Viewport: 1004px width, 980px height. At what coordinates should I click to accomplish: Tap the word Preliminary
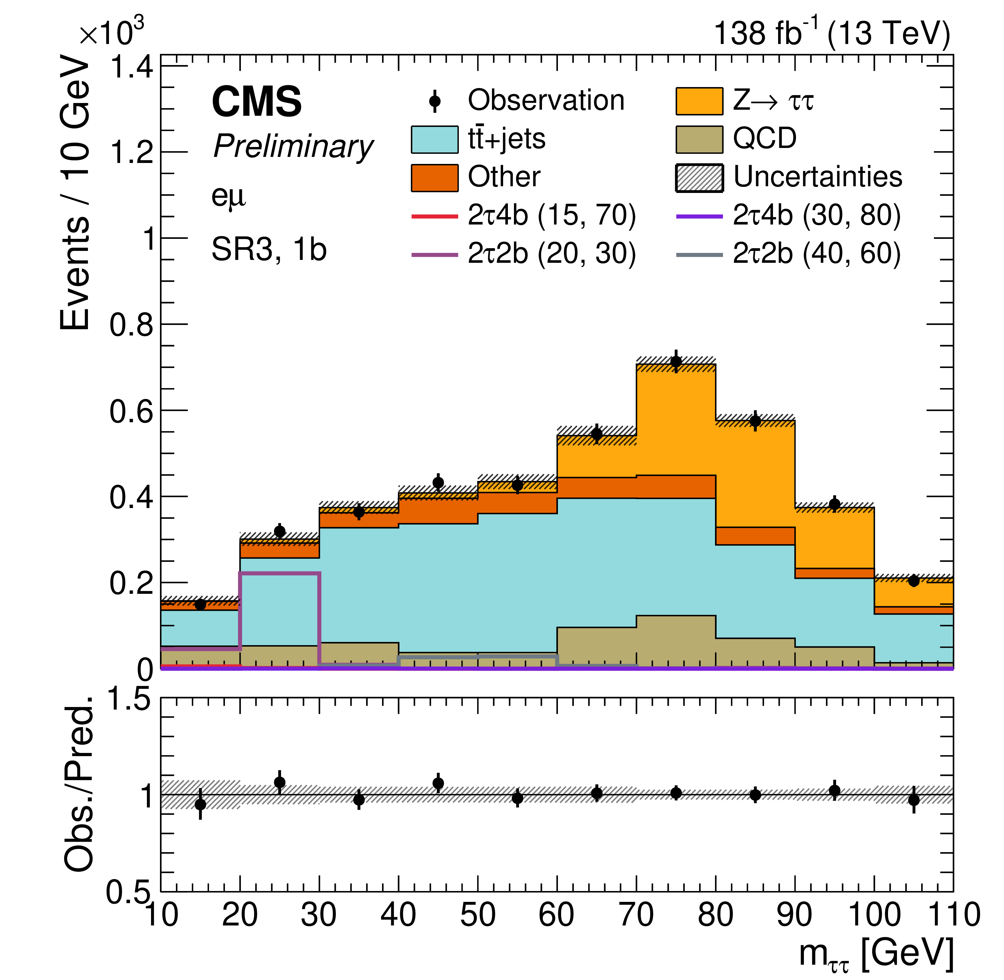click(293, 147)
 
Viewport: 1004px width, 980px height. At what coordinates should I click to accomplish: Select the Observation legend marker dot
click(435, 100)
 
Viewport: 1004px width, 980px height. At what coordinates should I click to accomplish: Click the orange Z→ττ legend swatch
click(699, 100)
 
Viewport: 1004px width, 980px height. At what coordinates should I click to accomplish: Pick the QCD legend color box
click(699, 139)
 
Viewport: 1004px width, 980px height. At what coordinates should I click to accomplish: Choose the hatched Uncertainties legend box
click(699, 178)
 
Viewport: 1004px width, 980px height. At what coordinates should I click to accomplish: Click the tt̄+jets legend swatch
click(435, 139)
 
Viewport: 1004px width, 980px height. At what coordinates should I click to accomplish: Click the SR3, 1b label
click(269, 250)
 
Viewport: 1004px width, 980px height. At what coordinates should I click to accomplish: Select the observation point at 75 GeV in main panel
click(676, 361)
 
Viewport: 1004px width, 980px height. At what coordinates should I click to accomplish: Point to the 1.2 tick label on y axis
click(131, 153)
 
